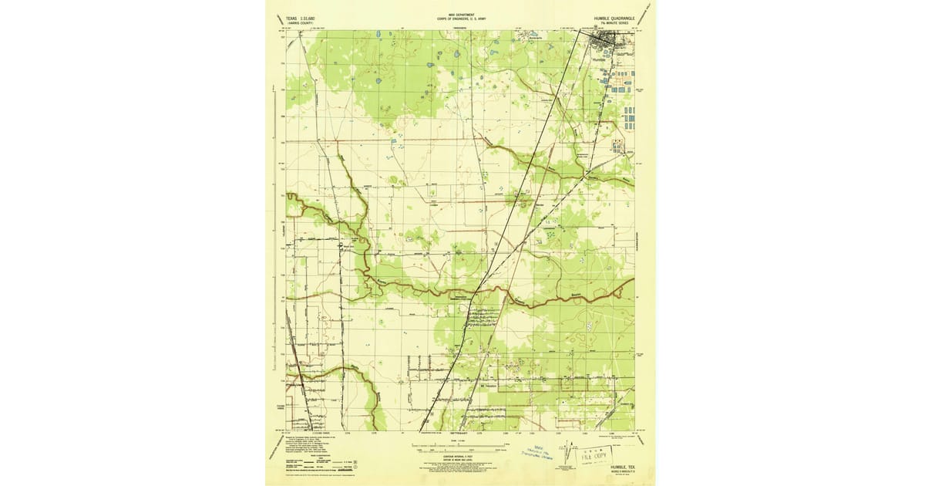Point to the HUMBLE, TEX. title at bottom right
[x=620, y=467]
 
